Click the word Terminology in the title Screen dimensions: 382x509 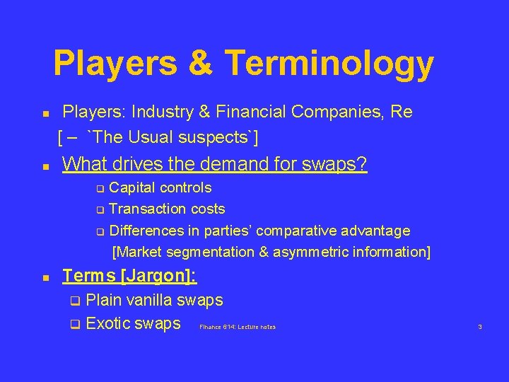pos(329,64)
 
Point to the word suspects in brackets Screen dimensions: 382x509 pos(224,136)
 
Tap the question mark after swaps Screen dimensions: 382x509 pos(362,164)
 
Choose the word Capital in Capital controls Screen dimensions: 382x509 pos(134,187)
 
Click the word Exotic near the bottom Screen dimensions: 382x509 pos(108,324)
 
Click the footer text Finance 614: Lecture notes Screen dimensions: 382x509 pos(238,327)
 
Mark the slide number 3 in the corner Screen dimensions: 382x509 pos(480,327)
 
